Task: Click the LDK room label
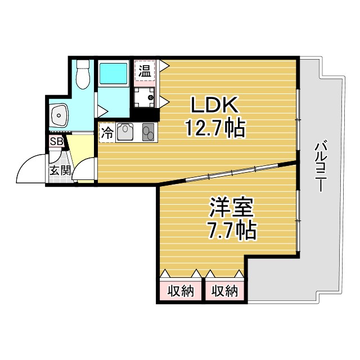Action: tap(214, 105)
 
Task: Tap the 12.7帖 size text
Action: tap(215, 128)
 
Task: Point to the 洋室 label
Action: tap(231, 208)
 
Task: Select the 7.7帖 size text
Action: tap(231, 230)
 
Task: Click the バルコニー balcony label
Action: tap(321, 166)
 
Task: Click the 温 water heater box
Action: tap(145, 71)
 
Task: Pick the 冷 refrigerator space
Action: tap(107, 133)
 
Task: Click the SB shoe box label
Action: tap(56, 141)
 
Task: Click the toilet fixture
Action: tap(83, 74)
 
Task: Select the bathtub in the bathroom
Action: tap(113, 74)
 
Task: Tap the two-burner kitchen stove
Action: tap(148, 132)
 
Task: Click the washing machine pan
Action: tap(145, 97)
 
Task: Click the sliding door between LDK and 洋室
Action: tap(232, 172)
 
